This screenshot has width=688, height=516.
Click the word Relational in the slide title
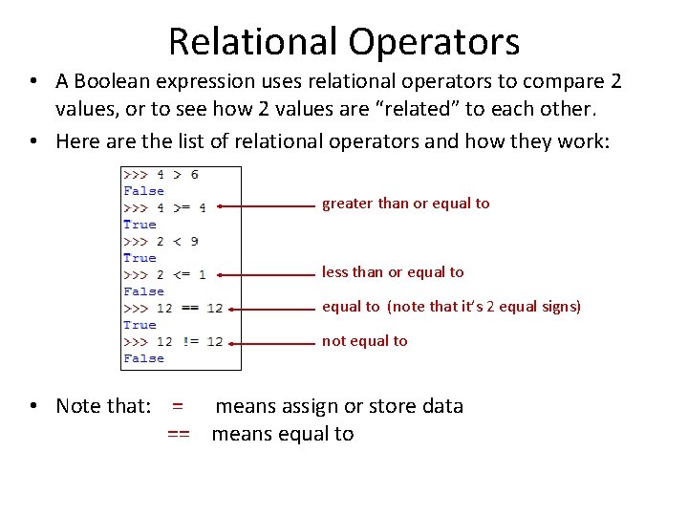pyautogui.click(x=252, y=42)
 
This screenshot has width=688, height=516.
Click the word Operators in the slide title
pyautogui.click(x=433, y=42)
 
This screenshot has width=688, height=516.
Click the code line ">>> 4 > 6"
pyautogui.click(x=161, y=174)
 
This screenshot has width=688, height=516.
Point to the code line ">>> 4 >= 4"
pyautogui.click(x=164, y=207)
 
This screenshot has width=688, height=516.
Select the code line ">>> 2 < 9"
pyautogui.click(x=161, y=241)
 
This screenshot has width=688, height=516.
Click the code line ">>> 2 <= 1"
pyautogui.click(x=164, y=274)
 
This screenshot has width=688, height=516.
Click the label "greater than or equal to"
pyautogui.click(x=405, y=204)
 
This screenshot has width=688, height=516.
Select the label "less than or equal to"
pyautogui.click(x=393, y=272)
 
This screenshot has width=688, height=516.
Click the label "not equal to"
pyautogui.click(x=364, y=341)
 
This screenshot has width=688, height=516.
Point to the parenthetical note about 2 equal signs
pyautogui.click(x=484, y=307)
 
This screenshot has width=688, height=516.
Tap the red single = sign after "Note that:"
pyautogui.click(x=178, y=406)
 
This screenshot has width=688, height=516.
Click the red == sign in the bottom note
pyautogui.click(x=179, y=434)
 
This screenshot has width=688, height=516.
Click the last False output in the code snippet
pyautogui.click(x=143, y=358)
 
